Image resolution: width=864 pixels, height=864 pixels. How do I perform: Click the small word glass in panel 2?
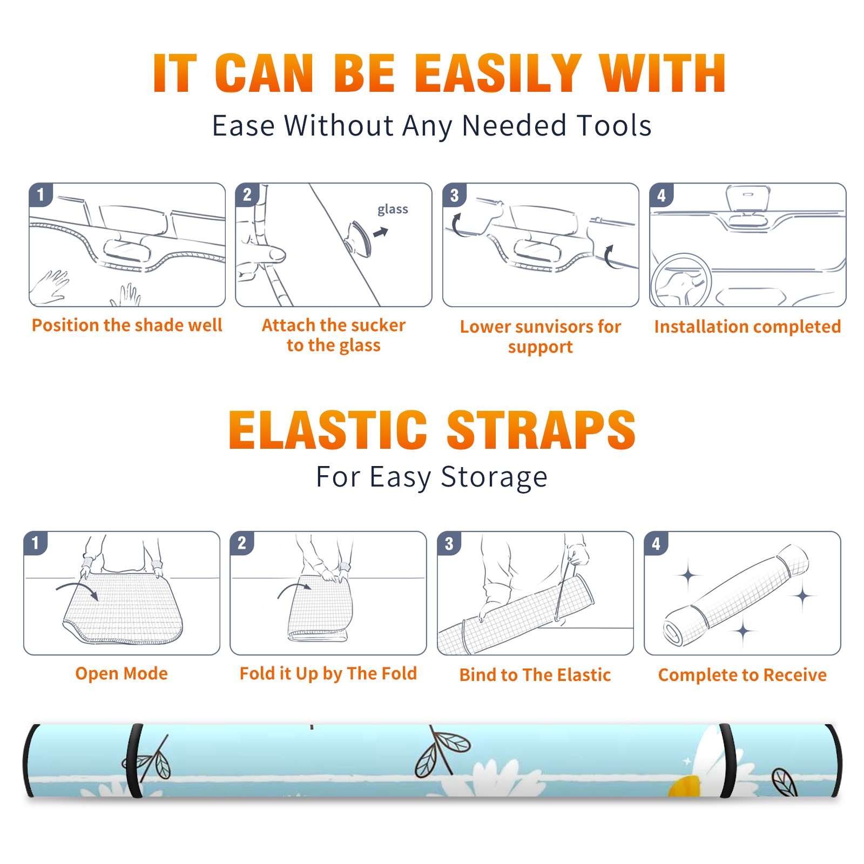(x=393, y=210)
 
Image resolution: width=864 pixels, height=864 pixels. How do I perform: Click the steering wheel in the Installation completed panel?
(x=681, y=280)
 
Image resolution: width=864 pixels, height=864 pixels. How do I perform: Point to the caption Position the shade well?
(x=127, y=325)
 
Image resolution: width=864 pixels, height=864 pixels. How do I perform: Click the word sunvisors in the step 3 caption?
(x=555, y=327)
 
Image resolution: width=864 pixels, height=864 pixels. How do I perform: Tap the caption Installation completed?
(x=747, y=326)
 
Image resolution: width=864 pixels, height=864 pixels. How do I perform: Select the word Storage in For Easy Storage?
(x=494, y=477)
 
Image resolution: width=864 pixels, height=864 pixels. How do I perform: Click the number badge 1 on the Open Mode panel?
(x=36, y=543)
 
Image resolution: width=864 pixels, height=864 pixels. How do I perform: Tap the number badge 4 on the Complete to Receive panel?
(x=656, y=543)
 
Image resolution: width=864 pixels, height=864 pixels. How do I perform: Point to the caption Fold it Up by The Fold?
(x=328, y=673)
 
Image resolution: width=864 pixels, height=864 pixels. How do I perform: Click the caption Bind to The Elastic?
(x=535, y=675)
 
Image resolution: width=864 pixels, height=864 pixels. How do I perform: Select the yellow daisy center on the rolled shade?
(x=685, y=786)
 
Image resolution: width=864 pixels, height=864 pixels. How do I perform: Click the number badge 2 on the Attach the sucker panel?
(x=247, y=194)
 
